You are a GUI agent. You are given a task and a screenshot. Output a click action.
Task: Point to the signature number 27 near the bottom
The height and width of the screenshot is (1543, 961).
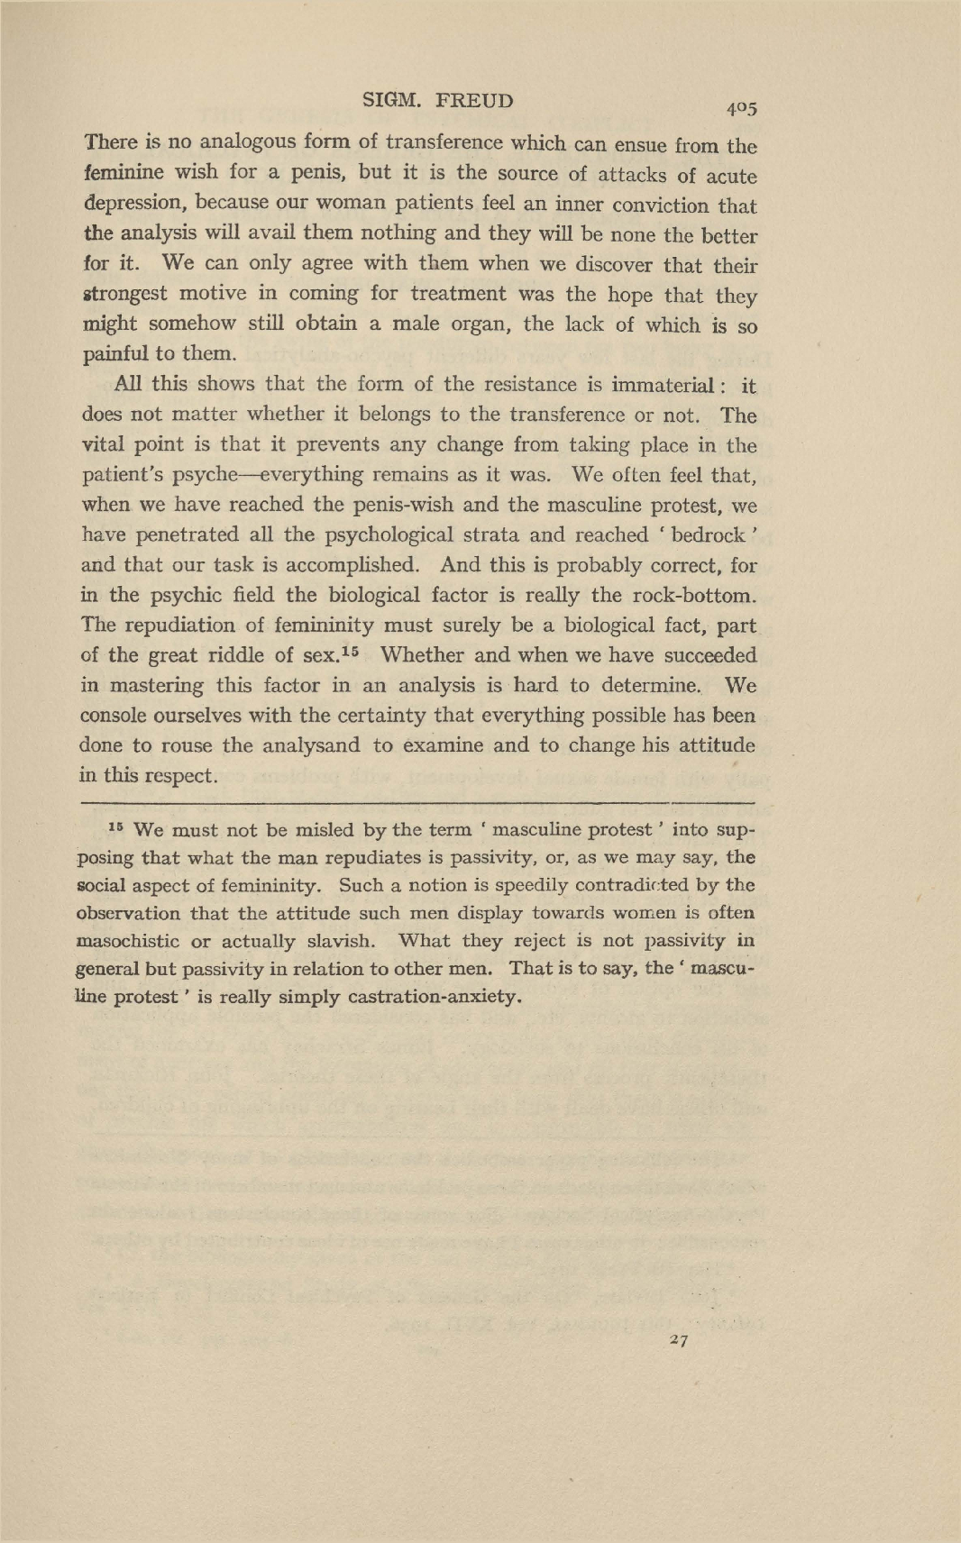(x=680, y=1340)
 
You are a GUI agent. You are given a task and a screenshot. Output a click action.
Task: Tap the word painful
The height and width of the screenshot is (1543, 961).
(x=115, y=354)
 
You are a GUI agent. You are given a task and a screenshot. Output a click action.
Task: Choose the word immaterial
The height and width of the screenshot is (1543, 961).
(x=662, y=385)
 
